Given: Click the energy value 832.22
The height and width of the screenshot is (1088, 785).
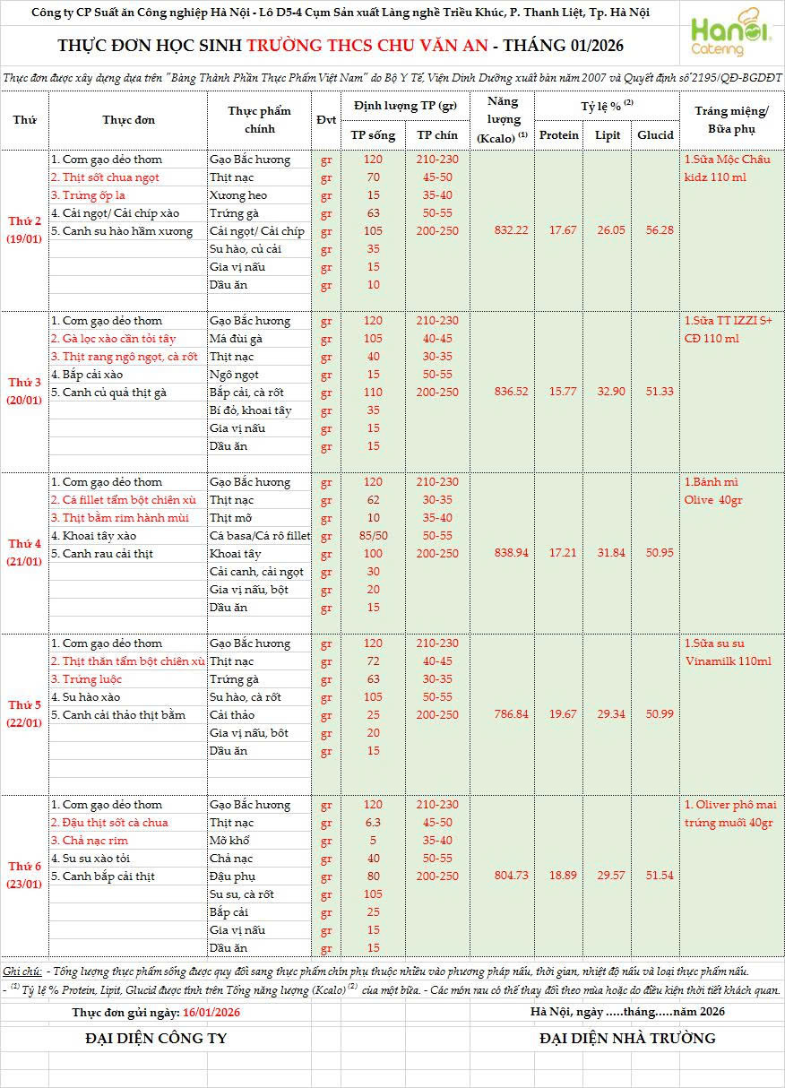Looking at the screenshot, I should click(x=511, y=230).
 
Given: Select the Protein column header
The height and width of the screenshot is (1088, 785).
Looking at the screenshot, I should click(x=560, y=135).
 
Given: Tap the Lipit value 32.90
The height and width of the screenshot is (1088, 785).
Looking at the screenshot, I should click(x=608, y=392).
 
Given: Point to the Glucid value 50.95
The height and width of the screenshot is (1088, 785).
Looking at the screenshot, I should click(x=655, y=553).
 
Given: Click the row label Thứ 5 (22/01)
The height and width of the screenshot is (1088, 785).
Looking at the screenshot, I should click(x=24, y=713).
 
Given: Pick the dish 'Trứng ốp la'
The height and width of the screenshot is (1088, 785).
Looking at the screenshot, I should click(x=87, y=195).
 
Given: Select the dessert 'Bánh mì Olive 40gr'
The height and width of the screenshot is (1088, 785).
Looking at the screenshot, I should click(x=713, y=491).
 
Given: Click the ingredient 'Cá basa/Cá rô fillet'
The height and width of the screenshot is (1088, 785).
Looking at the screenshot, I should click(x=259, y=536).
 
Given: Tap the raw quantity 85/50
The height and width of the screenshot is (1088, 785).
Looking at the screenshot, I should click(x=373, y=536).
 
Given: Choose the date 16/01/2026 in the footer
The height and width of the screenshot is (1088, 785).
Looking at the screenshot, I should click(x=211, y=1012).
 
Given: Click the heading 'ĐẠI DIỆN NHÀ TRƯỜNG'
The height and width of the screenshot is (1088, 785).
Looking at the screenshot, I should click(x=627, y=1039).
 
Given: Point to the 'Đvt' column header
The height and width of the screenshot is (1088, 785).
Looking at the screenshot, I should click(x=326, y=120).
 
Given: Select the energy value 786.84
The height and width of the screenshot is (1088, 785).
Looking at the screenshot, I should click(x=511, y=714).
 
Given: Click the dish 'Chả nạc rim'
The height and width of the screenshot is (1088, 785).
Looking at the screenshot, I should click(x=89, y=841).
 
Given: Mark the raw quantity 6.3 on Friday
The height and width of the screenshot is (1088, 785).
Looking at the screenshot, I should click(x=373, y=823).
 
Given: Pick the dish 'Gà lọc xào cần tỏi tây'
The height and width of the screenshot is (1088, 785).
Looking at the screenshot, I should click(x=113, y=339).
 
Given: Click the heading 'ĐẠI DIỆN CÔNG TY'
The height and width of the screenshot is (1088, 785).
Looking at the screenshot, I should click(x=156, y=1039).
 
